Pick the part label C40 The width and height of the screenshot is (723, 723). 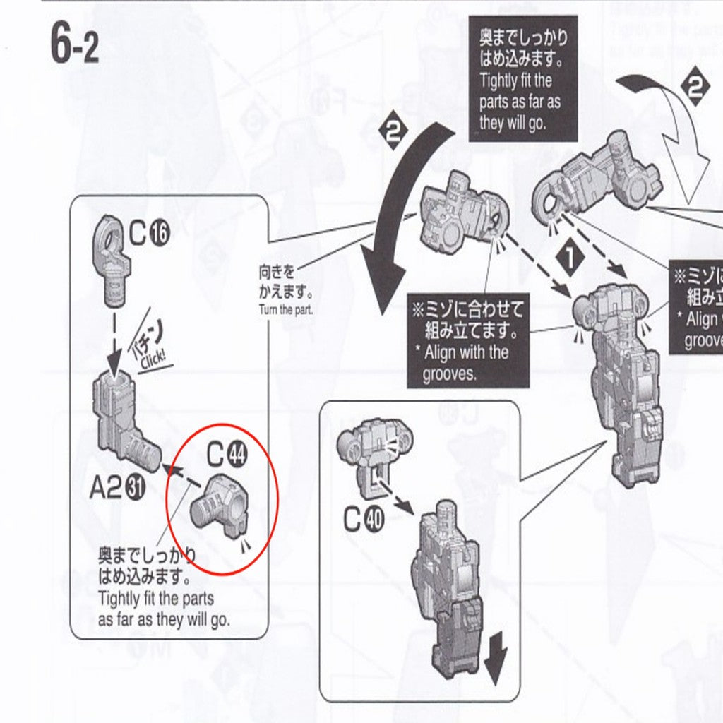pos(364,520)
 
